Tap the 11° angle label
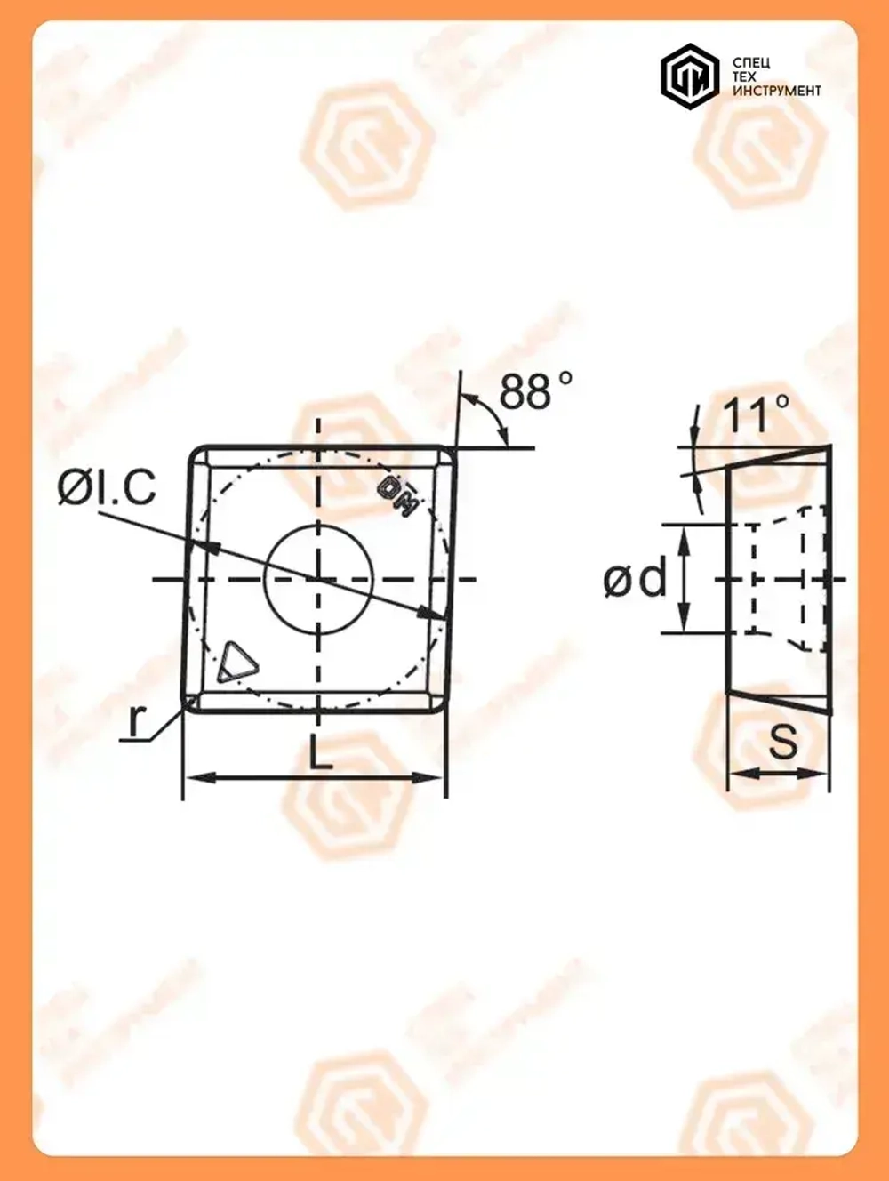click(x=755, y=415)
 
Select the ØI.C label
click(x=107, y=487)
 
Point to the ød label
click(x=634, y=580)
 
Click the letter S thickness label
click(x=783, y=742)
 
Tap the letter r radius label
click(x=134, y=721)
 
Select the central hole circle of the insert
click(x=317, y=580)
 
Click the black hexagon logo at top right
click(x=689, y=77)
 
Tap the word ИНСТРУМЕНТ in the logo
click(x=776, y=92)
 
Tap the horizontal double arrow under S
click(x=779, y=774)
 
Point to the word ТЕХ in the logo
click(x=745, y=77)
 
